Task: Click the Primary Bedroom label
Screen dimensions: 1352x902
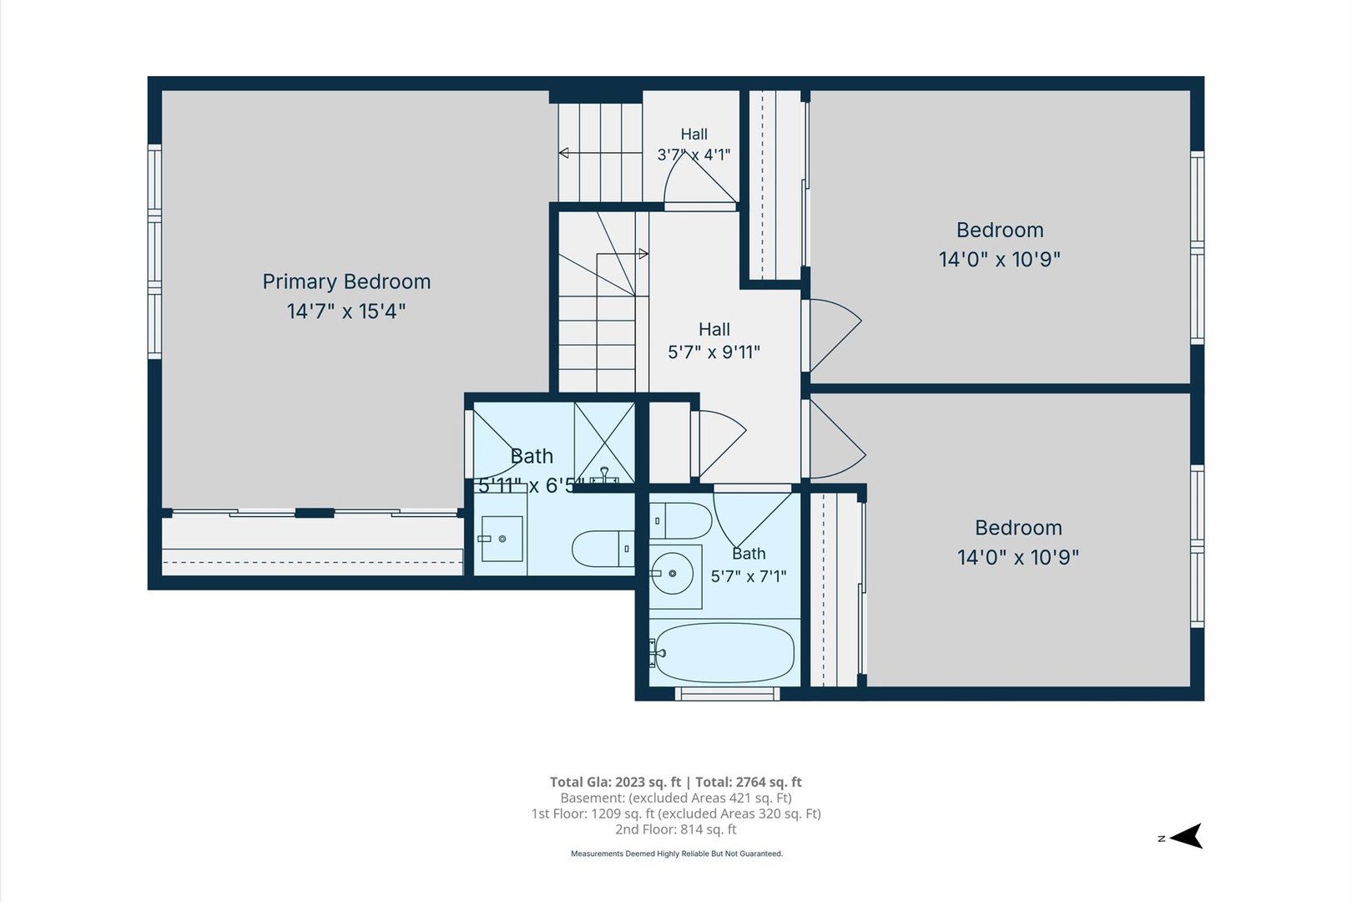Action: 346,281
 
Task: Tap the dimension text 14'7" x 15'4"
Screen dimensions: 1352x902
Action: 346,312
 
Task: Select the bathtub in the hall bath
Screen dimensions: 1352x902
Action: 724,652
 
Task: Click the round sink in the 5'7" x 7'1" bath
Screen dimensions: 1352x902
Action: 672,573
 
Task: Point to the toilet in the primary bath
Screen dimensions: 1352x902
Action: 603,549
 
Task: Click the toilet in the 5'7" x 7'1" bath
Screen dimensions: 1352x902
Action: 680,520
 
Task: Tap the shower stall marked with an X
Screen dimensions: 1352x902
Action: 604,443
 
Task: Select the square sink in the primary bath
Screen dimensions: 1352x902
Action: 502,539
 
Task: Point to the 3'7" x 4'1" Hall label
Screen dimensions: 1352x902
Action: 694,144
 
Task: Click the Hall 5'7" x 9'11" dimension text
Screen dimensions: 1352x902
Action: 714,352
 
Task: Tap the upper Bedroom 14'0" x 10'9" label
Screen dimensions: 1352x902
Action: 1000,245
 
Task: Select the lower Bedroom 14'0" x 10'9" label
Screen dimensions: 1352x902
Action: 1018,542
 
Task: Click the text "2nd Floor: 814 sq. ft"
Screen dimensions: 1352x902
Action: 676,829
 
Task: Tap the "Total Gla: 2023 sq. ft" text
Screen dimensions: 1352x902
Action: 615,783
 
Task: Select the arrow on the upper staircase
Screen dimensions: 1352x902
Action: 600,153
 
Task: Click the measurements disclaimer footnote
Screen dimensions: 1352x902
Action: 677,854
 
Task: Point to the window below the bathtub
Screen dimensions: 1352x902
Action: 727,693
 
